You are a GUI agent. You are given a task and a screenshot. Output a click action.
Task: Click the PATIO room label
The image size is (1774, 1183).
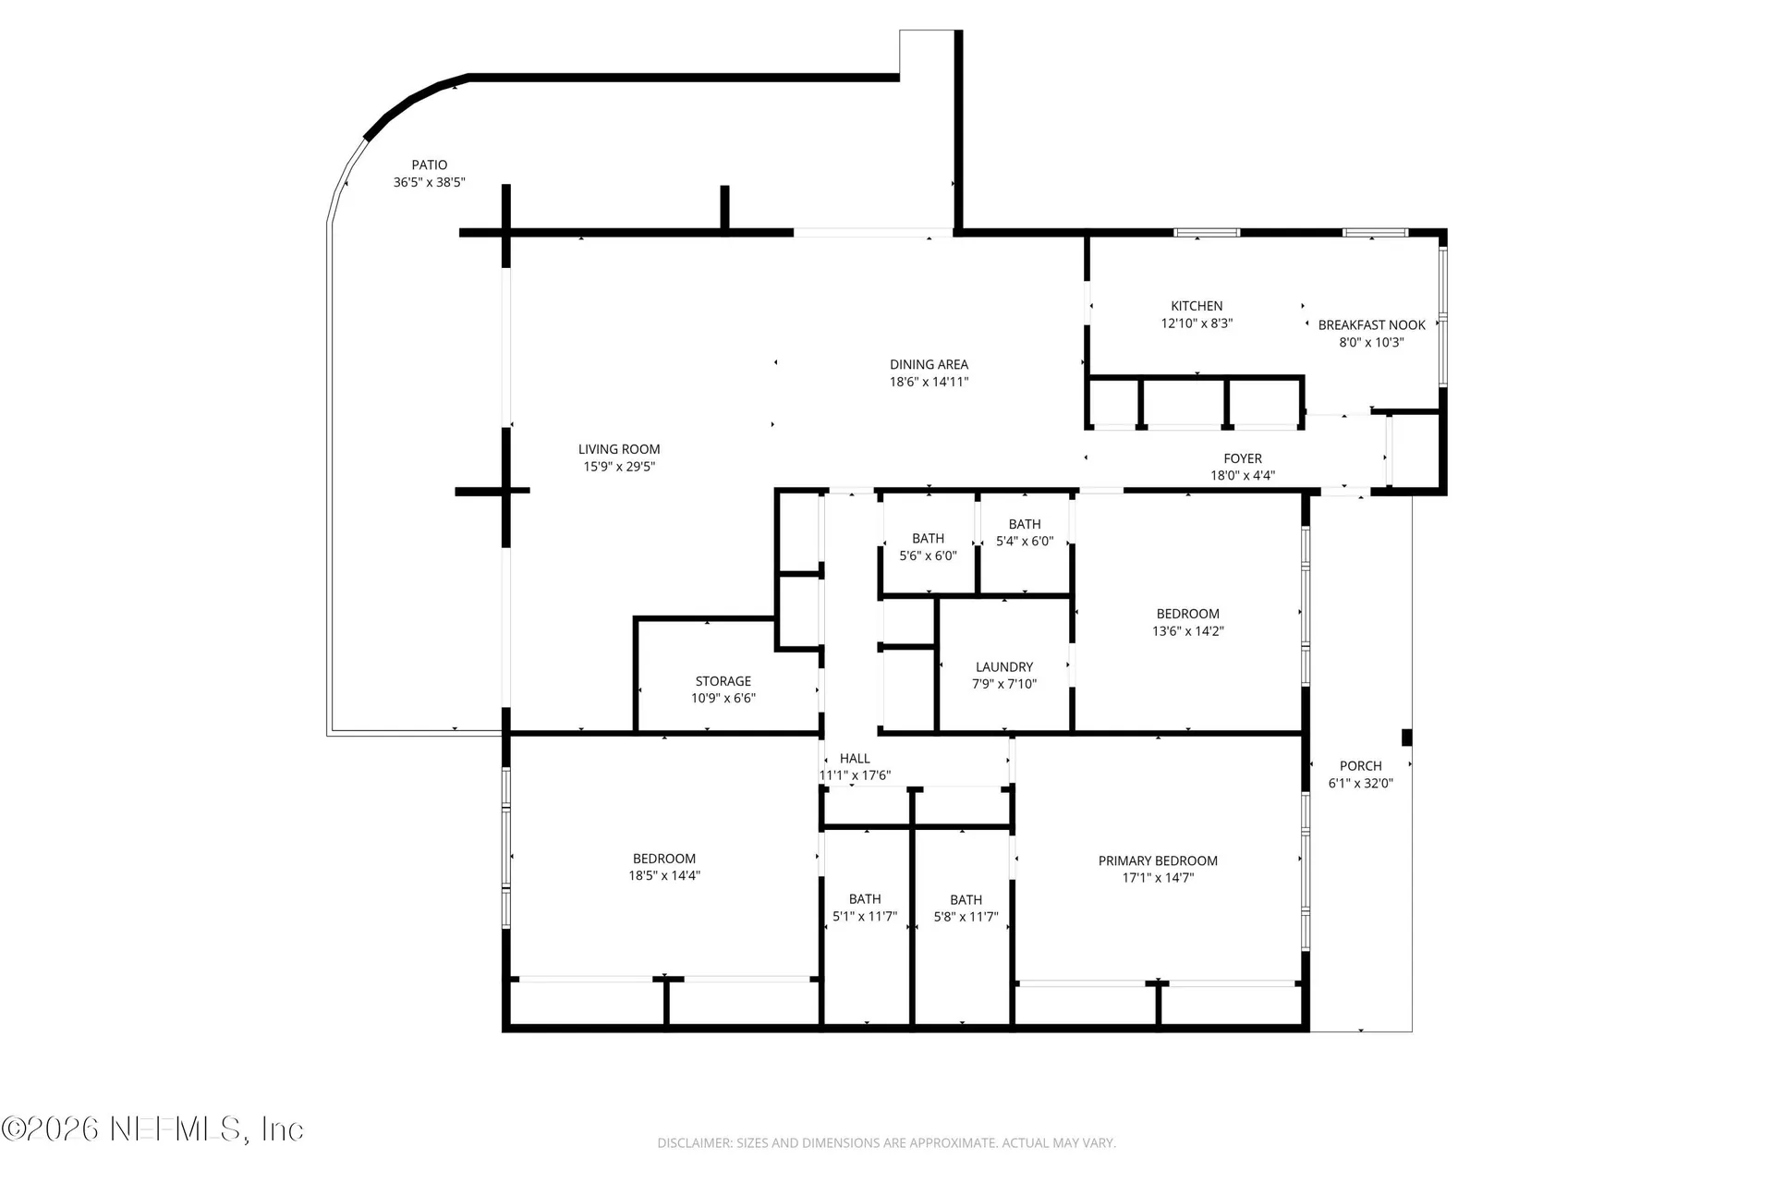click(430, 165)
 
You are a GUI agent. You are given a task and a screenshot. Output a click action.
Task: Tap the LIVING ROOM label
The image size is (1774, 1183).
click(619, 449)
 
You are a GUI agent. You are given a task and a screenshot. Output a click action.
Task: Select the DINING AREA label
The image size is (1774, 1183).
click(929, 364)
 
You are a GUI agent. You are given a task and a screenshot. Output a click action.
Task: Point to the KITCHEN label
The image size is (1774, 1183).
click(1197, 306)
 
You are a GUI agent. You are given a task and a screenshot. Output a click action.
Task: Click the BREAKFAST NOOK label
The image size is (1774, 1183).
click(1372, 325)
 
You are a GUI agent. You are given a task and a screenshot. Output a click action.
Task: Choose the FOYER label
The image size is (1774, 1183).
click(1243, 458)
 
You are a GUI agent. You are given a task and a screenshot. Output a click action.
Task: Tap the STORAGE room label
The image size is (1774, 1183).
click(723, 681)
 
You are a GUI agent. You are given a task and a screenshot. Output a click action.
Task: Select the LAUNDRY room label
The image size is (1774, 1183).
click(1004, 667)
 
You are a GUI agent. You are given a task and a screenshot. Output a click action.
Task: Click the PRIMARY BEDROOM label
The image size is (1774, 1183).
click(1158, 860)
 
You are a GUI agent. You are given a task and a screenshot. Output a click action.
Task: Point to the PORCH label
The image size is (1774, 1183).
click(1361, 766)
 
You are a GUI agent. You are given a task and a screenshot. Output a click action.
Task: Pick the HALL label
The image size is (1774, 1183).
click(855, 759)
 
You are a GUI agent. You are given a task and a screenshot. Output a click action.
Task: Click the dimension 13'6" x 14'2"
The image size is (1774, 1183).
click(1188, 631)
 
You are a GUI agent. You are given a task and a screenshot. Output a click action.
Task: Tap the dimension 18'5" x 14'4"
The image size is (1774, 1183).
click(664, 876)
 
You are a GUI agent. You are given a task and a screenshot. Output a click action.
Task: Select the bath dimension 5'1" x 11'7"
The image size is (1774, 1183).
click(865, 917)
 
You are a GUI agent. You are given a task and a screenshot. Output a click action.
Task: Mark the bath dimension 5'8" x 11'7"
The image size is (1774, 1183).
click(966, 918)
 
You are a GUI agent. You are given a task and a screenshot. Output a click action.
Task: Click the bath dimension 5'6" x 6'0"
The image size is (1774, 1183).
click(928, 556)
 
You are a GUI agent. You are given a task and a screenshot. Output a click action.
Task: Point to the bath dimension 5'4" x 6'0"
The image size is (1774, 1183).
click(1025, 542)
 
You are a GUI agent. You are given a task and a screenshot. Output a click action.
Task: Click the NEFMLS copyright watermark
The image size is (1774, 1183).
click(152, 1129)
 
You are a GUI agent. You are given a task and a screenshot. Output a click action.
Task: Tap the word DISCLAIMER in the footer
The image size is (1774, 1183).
click(695, 1143)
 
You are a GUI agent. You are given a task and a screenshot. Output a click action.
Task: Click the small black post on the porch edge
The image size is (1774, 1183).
click(1407, 738)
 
